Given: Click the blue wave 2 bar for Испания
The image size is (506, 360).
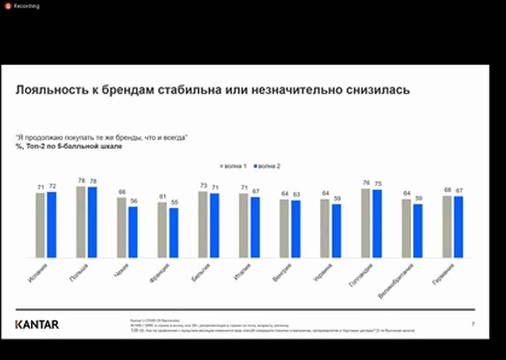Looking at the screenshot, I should (x=51, y=225).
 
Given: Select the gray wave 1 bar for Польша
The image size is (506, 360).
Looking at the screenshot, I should (x=81, y=222).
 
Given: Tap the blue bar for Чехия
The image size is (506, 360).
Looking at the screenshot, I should (x=133, y=232).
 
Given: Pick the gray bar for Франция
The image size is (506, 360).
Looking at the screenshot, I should (x=162, y=230).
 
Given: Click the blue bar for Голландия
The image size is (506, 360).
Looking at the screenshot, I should (x=377, y=224).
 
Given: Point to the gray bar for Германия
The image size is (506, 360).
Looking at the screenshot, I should (x=447, y=226).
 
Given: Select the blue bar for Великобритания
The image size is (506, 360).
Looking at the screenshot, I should (x=418, y=231).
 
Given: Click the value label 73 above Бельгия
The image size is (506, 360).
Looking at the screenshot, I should (x=203, y=186).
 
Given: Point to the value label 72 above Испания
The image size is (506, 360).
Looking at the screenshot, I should (x=51, y=186).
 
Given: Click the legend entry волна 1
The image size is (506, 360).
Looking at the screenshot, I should (x=234, y=166).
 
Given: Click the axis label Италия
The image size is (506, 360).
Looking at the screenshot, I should (x=241, y=272).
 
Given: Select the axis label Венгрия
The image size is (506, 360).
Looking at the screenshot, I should (x=282, y=272).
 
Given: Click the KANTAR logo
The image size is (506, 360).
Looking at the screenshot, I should (x=37, y=325).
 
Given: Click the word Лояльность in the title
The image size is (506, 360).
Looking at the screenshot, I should (x=47, y=90).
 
